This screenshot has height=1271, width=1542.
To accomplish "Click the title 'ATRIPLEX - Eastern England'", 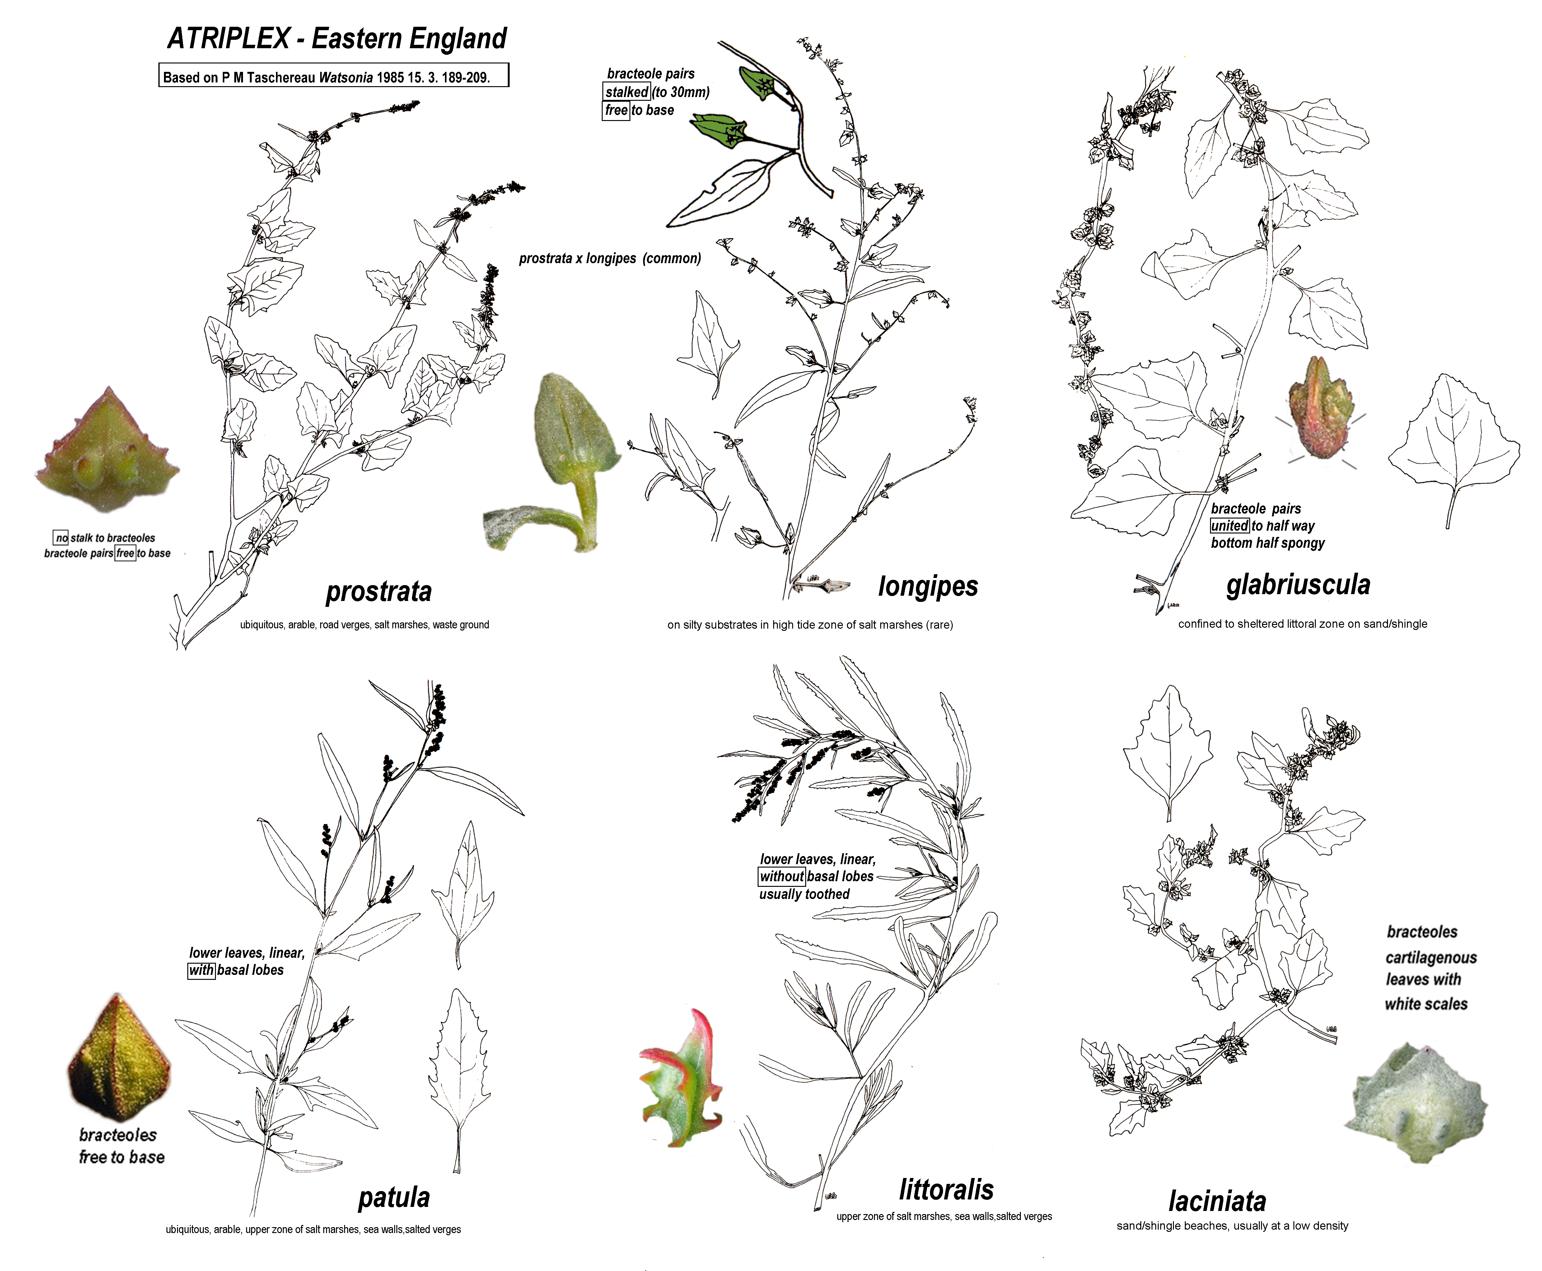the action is click(337, 38).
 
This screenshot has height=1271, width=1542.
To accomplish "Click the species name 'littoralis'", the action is click(946, 1190).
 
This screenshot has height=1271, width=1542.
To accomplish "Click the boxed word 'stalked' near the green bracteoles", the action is click(627, 91).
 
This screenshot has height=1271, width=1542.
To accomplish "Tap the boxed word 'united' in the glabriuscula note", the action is click(1229, 526).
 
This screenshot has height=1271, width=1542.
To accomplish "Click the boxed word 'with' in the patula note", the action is click(201, 970).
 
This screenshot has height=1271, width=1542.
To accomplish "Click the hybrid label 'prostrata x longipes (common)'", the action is click(610, 258).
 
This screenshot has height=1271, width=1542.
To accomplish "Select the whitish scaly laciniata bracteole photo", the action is click(1417, 1102).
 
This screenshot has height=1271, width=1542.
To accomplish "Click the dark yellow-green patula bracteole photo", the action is click(119, 1058).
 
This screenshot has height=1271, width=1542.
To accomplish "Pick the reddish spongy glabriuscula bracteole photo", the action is click(1320, 408).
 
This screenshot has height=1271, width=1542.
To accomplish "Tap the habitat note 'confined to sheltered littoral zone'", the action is click(1302, 624).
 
